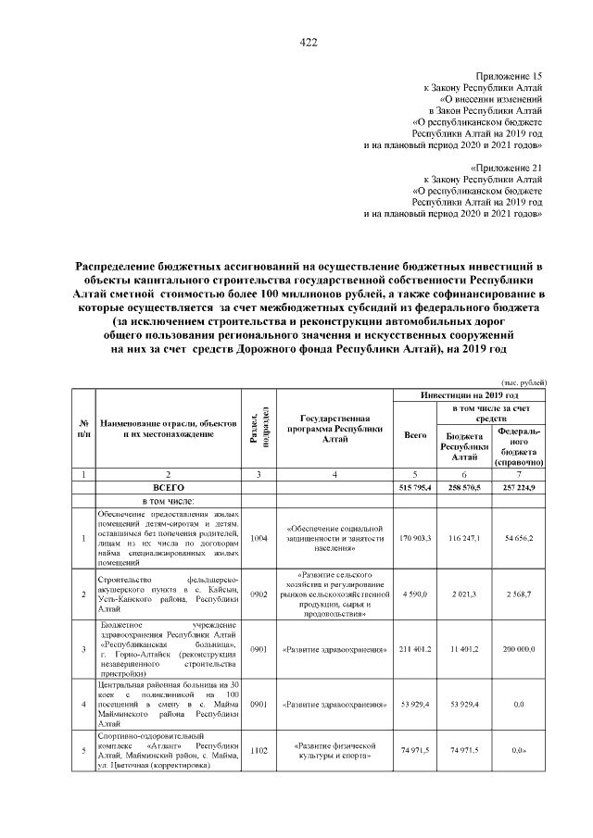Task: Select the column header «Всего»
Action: click(415, 434)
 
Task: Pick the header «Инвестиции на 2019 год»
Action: click(470, 394)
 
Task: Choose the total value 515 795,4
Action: click(415, 487)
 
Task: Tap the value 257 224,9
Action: click(519, 487)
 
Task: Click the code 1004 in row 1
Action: click(258, 536)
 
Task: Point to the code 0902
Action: click(258, 593)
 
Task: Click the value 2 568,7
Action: click(519, 593)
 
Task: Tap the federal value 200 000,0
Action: click(519, 650)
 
